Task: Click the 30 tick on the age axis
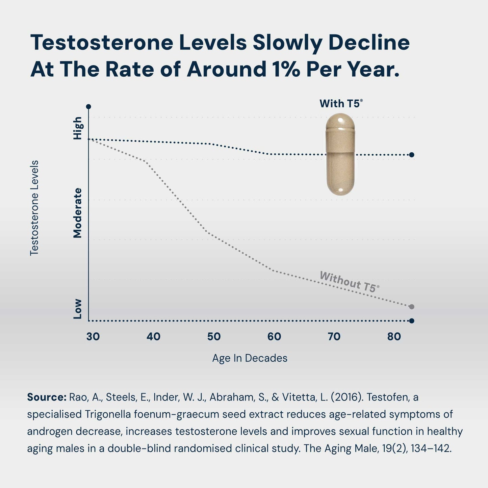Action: click(93, 336)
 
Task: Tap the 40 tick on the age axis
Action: click(153, 336)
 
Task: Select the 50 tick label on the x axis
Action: click(214, 336)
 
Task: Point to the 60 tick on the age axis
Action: click(274, 336)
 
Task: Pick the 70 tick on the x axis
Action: click(334, 336)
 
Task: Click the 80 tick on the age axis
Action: click(394, 336)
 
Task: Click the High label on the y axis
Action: click(78, 128)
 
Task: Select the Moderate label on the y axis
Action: click(78, 213)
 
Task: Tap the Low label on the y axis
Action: click(78, 308)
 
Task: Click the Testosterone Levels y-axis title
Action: click(34, 208)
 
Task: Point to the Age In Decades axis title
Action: click(250, 358)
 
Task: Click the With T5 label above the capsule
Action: click(341, 103)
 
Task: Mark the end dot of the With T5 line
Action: click(411, 155)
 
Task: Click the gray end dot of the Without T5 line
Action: click(411, 307)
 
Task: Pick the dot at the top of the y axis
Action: click(88, 107)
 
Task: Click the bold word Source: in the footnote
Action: click(47, 397)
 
